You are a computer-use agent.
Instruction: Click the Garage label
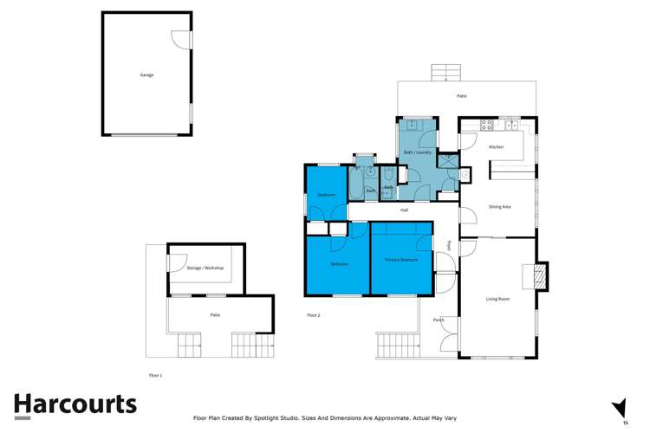[146, 75]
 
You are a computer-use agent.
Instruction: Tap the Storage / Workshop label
[205, 268]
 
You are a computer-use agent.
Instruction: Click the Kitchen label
[496, 147]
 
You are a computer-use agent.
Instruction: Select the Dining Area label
[499, 207]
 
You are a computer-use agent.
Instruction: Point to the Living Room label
[497, 299]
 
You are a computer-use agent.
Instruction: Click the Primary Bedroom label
[401, 260]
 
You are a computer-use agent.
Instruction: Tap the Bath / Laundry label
[418, 152]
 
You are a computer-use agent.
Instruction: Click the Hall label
[404, 210]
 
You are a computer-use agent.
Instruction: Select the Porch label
[439, 320]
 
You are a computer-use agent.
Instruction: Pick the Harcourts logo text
[75, 404]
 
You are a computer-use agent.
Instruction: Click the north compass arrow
[619, 408]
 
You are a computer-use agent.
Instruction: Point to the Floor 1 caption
[155, 376]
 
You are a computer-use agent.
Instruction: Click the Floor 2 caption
[313, 315]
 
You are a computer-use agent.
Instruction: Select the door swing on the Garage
[180, 39]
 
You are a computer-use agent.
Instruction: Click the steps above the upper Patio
[444, 72]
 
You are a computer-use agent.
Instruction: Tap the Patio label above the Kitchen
[462, 96]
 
